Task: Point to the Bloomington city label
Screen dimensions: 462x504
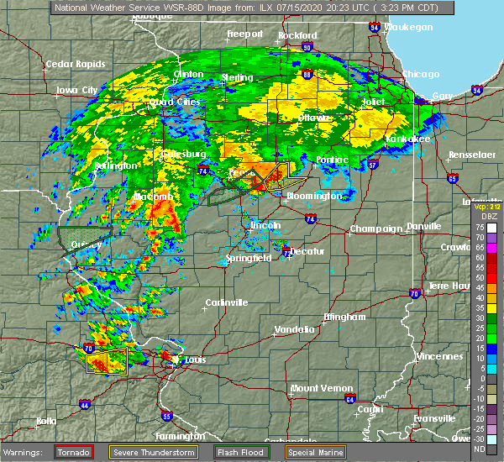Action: (x=314, y=196)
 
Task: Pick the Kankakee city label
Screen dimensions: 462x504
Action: (x=408, y=139)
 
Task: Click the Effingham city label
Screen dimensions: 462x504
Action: (x=345, y=317)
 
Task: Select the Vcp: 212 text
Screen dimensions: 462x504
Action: (x=486, y=206)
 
